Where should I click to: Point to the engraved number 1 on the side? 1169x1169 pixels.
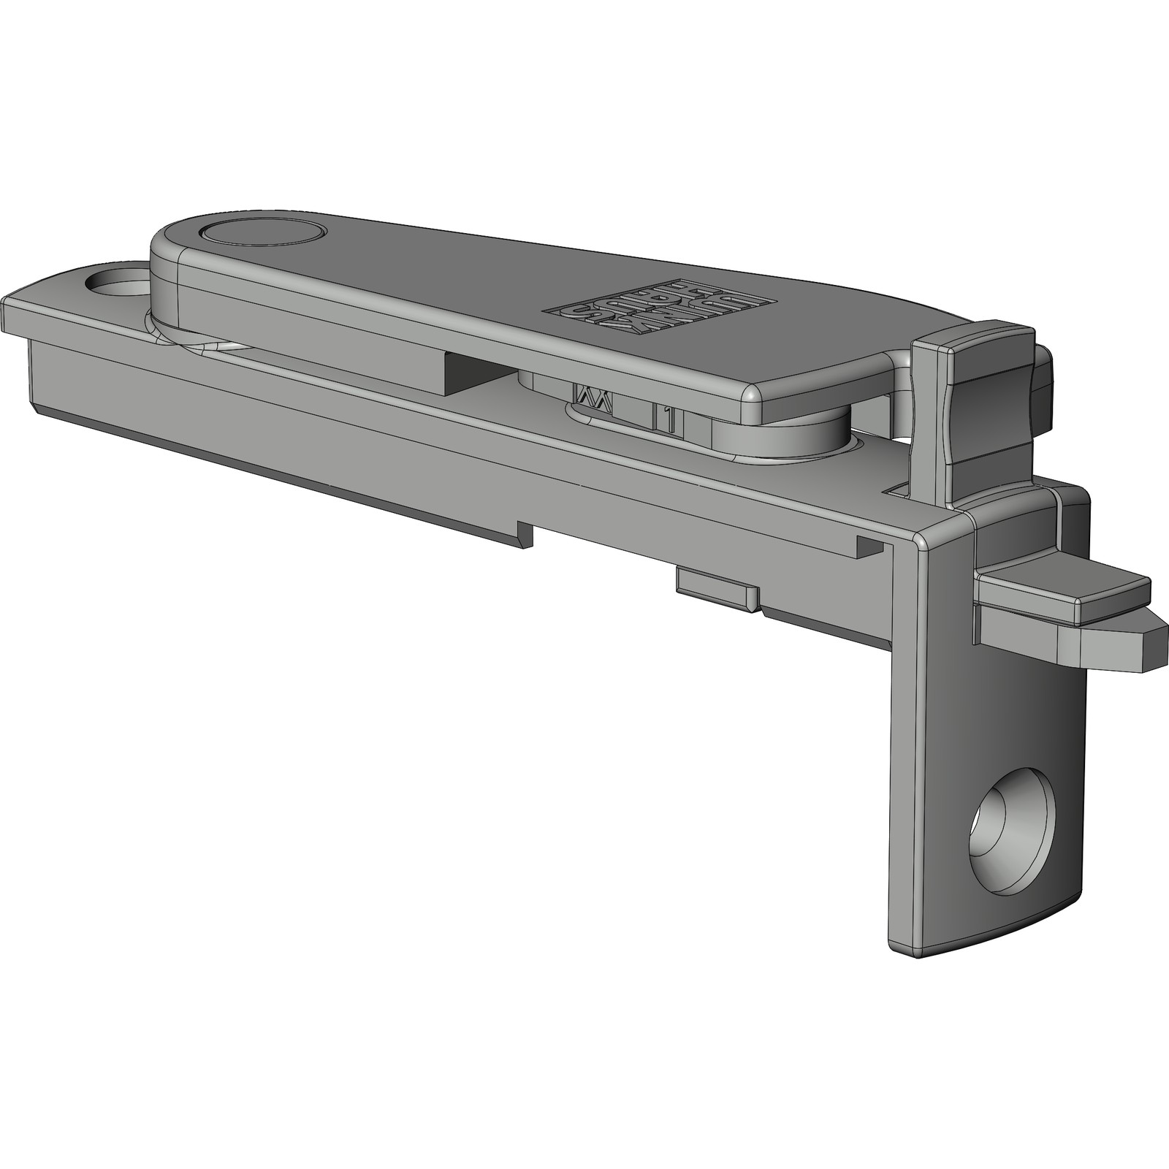[666, 419]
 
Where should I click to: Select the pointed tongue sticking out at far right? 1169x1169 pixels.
[1140, 643]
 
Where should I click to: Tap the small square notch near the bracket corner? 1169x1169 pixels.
[869, 546]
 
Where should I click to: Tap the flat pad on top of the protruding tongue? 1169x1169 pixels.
[1059, 584]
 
